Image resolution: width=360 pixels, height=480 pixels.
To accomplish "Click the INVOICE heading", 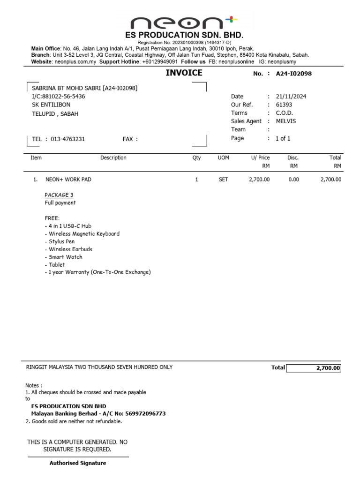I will tap(184, 73).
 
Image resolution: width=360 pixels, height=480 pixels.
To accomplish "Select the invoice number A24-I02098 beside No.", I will tap(293, 74).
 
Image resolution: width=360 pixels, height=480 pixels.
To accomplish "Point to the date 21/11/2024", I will tap(291, 96).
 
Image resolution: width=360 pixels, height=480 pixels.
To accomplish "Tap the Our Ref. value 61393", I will tap(284, 105).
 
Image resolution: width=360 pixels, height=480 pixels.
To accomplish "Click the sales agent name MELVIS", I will tap(286, 121).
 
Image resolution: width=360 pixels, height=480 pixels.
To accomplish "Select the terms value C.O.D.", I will tap(285, 113).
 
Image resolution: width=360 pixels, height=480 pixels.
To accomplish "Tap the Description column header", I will tap(113, 158).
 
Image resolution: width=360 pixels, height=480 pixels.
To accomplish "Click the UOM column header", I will tap(224, 158).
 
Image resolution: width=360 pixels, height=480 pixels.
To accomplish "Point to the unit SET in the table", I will tap(224, 180).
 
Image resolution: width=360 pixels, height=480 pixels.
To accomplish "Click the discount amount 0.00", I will tap(293, 180).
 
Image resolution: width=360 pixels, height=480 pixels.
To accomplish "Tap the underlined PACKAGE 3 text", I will tap(59, 195).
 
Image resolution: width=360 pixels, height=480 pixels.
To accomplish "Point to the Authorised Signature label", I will tap(78, 463).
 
